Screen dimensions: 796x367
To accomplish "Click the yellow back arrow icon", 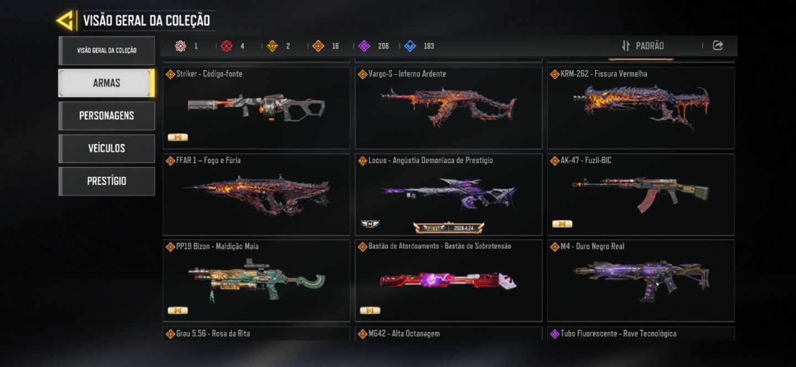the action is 66,20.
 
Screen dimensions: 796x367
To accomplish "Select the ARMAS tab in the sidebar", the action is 107,83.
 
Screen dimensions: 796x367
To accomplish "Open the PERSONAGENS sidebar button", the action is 107,116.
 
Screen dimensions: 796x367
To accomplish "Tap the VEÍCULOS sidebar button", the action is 107,148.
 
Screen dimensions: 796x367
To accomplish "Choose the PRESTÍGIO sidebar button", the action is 107,181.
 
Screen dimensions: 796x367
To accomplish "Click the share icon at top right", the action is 718,45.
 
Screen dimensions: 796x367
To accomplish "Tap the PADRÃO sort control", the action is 643,46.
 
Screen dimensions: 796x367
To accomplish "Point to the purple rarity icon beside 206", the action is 364,46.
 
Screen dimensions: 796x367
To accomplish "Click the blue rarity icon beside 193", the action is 410,46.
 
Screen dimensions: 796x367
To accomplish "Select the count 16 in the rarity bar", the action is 335,46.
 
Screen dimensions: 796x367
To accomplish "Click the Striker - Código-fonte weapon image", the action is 256,107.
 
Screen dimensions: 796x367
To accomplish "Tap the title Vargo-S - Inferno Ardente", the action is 407,74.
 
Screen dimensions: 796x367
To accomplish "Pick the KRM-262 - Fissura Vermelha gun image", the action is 641,107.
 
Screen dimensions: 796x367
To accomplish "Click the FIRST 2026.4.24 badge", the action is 448,228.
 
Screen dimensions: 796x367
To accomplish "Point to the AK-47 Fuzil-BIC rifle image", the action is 641,194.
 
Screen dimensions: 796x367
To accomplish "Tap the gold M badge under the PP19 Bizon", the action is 177,311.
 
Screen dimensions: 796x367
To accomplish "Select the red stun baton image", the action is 448,281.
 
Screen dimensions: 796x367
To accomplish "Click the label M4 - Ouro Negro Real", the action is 592,247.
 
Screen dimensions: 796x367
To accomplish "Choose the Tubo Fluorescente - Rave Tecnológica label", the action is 619,334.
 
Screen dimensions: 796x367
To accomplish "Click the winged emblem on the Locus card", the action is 370,223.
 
